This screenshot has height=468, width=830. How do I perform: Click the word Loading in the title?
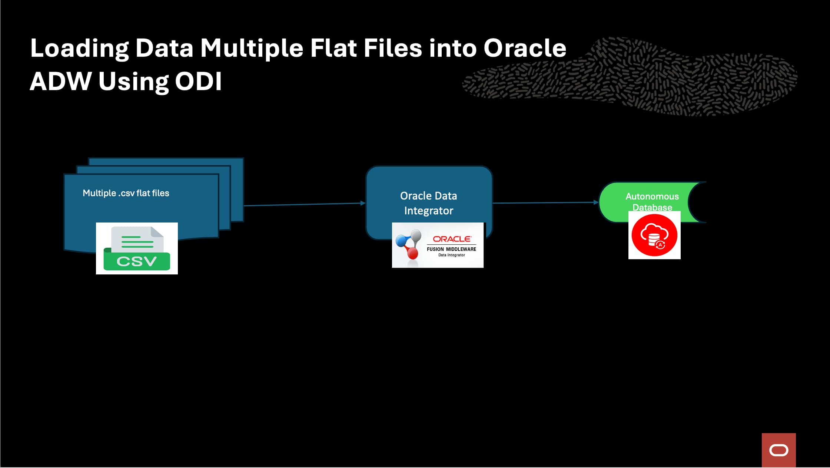(79, 49)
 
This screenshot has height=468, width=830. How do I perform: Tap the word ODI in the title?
(198, 82)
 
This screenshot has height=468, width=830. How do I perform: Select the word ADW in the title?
(60, 82)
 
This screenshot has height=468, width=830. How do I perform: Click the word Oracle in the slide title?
(525, 49)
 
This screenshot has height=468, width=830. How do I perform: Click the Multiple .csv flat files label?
(126, 193)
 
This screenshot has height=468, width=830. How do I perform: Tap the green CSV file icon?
(137, 248)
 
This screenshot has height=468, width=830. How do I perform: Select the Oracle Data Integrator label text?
(429, 203)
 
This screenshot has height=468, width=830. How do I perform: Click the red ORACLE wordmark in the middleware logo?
(452, 239)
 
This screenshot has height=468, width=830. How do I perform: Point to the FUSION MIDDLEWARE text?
(451, 249)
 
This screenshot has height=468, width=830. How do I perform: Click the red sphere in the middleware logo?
(412, 253)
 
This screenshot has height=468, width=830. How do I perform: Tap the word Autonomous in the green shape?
(652, 197)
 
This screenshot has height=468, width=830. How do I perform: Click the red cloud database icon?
(654, 235)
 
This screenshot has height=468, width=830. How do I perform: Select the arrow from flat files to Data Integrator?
(304, 204)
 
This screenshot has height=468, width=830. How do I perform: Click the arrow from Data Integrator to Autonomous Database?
(545, 203)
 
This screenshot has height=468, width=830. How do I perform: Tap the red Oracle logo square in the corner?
(778, 450)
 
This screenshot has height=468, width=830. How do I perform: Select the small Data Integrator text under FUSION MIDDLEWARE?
(451, 255)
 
